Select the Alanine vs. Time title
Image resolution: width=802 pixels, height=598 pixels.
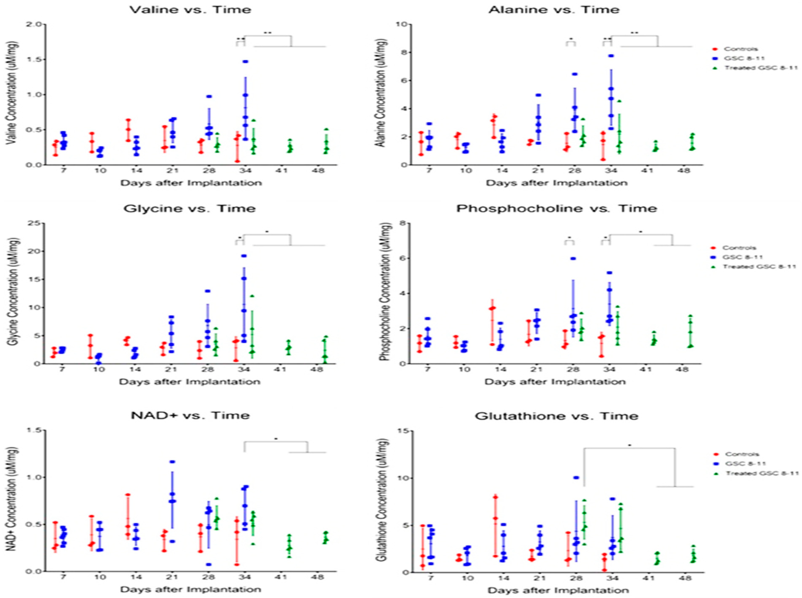554,10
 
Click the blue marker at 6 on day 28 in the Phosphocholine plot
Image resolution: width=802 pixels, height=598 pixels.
573,259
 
